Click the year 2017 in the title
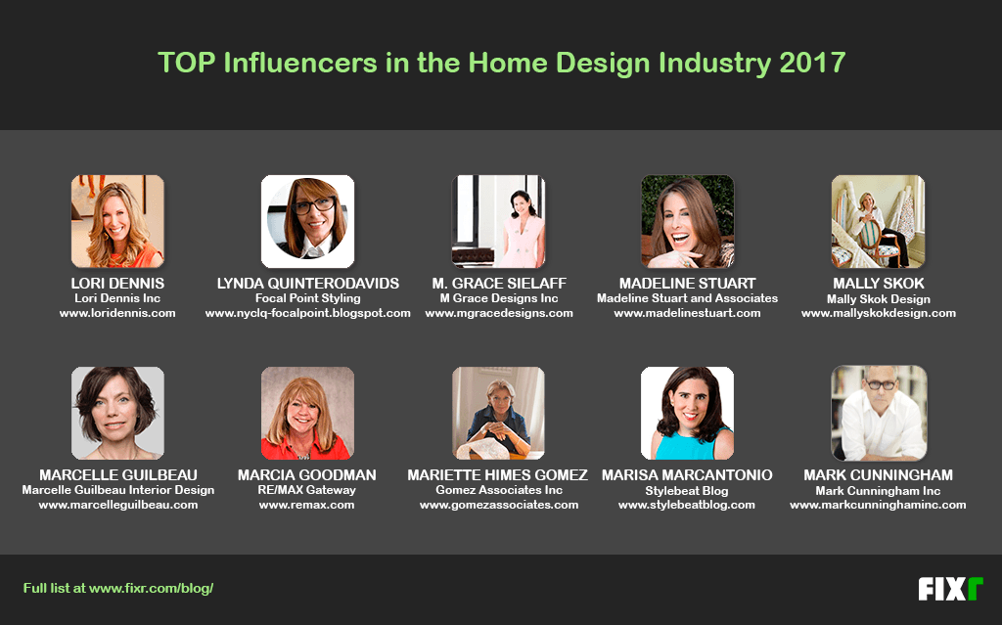812,64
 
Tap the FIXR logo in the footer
949,589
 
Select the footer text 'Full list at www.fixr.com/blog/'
117,589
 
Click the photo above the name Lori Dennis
117,221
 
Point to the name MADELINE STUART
687,284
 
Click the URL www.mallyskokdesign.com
878,313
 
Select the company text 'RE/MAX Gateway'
307,490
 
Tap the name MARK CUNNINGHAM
878,475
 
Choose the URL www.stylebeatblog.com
687,505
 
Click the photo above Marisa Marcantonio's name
687,413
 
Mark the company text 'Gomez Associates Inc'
498,490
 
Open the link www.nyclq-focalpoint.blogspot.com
307,313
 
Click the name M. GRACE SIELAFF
498,284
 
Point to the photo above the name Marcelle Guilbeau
117,413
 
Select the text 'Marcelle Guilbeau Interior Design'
117,490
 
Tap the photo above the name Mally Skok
878,221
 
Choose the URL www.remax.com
307,505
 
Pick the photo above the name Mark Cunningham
878,413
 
